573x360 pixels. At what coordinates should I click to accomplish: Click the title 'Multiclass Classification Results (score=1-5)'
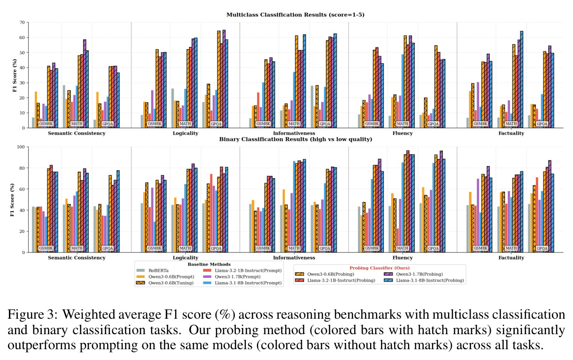[x=295, y=15]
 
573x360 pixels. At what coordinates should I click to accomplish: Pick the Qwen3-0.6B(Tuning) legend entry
[x=164, y=283]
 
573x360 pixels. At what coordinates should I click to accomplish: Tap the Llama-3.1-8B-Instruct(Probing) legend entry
[x=424, y=281]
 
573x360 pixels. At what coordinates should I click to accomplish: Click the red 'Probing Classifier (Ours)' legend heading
[x=379, y=268]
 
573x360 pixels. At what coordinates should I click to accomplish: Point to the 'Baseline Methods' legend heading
[x=209, y=264]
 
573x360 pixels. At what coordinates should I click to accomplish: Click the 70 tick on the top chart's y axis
[x=22, y=23]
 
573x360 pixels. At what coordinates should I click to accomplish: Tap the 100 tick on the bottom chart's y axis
[x=21, y=147]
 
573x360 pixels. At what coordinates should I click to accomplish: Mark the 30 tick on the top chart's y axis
[x=22, y=83]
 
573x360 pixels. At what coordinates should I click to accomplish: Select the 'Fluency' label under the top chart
[x=403, y=133]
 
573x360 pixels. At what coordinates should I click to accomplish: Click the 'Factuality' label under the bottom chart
[x=511, y=258]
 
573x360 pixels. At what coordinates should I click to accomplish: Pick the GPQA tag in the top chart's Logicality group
[x=216, y=124]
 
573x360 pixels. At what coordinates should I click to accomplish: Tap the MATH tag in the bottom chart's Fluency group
[x=403, y=248]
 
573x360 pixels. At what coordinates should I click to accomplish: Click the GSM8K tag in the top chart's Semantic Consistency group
[x=46, y=124]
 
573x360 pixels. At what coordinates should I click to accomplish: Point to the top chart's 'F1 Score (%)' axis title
[x=15, y=76]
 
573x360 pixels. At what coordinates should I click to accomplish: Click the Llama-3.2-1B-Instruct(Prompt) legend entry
[x=242, y=270]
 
